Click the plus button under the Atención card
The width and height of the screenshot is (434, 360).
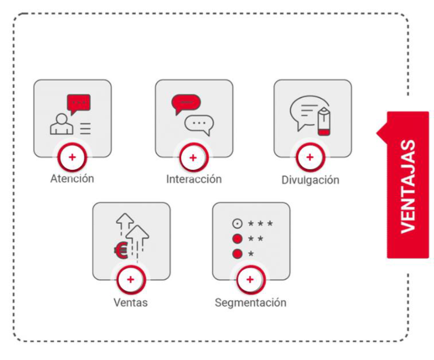pyautogui.click(x=72, y=158)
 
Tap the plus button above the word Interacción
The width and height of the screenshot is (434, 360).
pyautogui.click(x=193, y=158)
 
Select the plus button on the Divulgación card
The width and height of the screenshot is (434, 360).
pyautogui.click(x=310, y=158)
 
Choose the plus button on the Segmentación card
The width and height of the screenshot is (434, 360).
pyautogui.click(x=250, y=280)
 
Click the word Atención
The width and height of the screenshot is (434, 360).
pyautogui.click(x=72, y=179)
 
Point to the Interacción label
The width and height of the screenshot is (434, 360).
pyautogui.click(x=194, y=179)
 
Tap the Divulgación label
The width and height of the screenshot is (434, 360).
pyautogui.click(x=310, y=180)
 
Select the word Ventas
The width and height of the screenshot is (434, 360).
pyautogui.click(x=130, y=302)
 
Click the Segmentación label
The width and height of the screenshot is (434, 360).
pyautogui.click(x=250, y=302)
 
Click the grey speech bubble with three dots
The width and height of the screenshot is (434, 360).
pyautogui.click(x=199, y=123)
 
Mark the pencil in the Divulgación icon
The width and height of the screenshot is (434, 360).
pyautogui.click(x=324, y=120)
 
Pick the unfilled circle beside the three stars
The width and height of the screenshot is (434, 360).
pyautogui.click(x=237, y=224)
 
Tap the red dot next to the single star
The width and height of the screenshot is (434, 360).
pyautogui.click(x=237, y=254)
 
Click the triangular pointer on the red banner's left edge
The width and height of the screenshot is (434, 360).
pyautogui.click(x=381, y=133)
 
